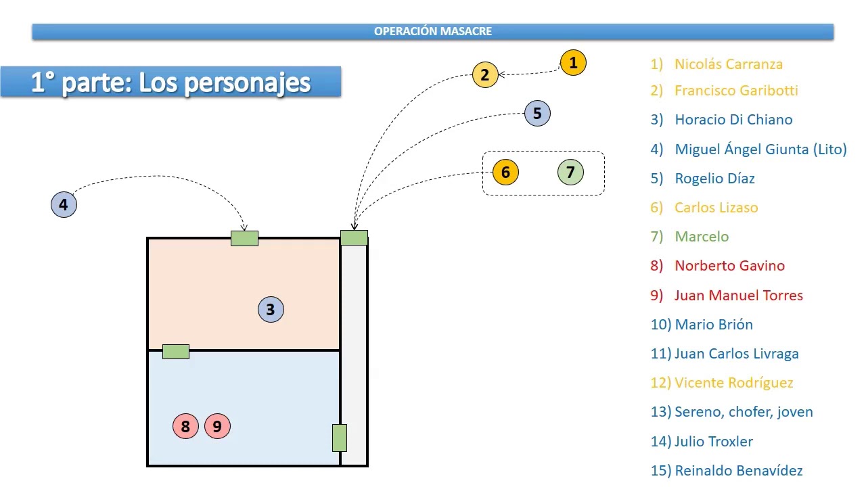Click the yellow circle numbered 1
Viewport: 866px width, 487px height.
click(x=573, y=63)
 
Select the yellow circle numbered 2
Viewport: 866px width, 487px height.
click(x=485, y=74)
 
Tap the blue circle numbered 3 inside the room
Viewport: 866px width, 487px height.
click(x=271, y=309)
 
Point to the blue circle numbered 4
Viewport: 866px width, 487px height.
click(x=64, y=204)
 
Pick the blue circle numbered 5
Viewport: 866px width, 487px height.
click(x=537, y=113)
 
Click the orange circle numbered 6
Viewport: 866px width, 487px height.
click(x=505, y=172)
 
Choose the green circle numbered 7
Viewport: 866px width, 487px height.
click(x=570, y=172)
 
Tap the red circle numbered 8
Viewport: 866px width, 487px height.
click(x=185, y=426)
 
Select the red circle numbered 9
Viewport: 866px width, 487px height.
click(x=217, y=426)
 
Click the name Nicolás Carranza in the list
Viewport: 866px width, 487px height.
click(x=729, y=64)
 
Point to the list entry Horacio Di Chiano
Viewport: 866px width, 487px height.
click(x=733, y=120)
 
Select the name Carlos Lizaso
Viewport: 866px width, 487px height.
click(x=716, y=208)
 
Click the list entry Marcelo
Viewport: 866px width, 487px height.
click(x=702, y=237)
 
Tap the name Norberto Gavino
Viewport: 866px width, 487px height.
click(x=729, y=266)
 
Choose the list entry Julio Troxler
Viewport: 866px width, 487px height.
click(x=714, y=442)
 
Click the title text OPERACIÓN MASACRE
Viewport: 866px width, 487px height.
click(x=432, y=31)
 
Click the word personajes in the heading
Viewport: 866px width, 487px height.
click(x=248, y=83)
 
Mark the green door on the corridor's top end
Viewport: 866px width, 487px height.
click(x=354, y=237)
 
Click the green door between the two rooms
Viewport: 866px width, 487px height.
click(x=176, y=352)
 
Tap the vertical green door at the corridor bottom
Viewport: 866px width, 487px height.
click(x=340, y=438)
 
